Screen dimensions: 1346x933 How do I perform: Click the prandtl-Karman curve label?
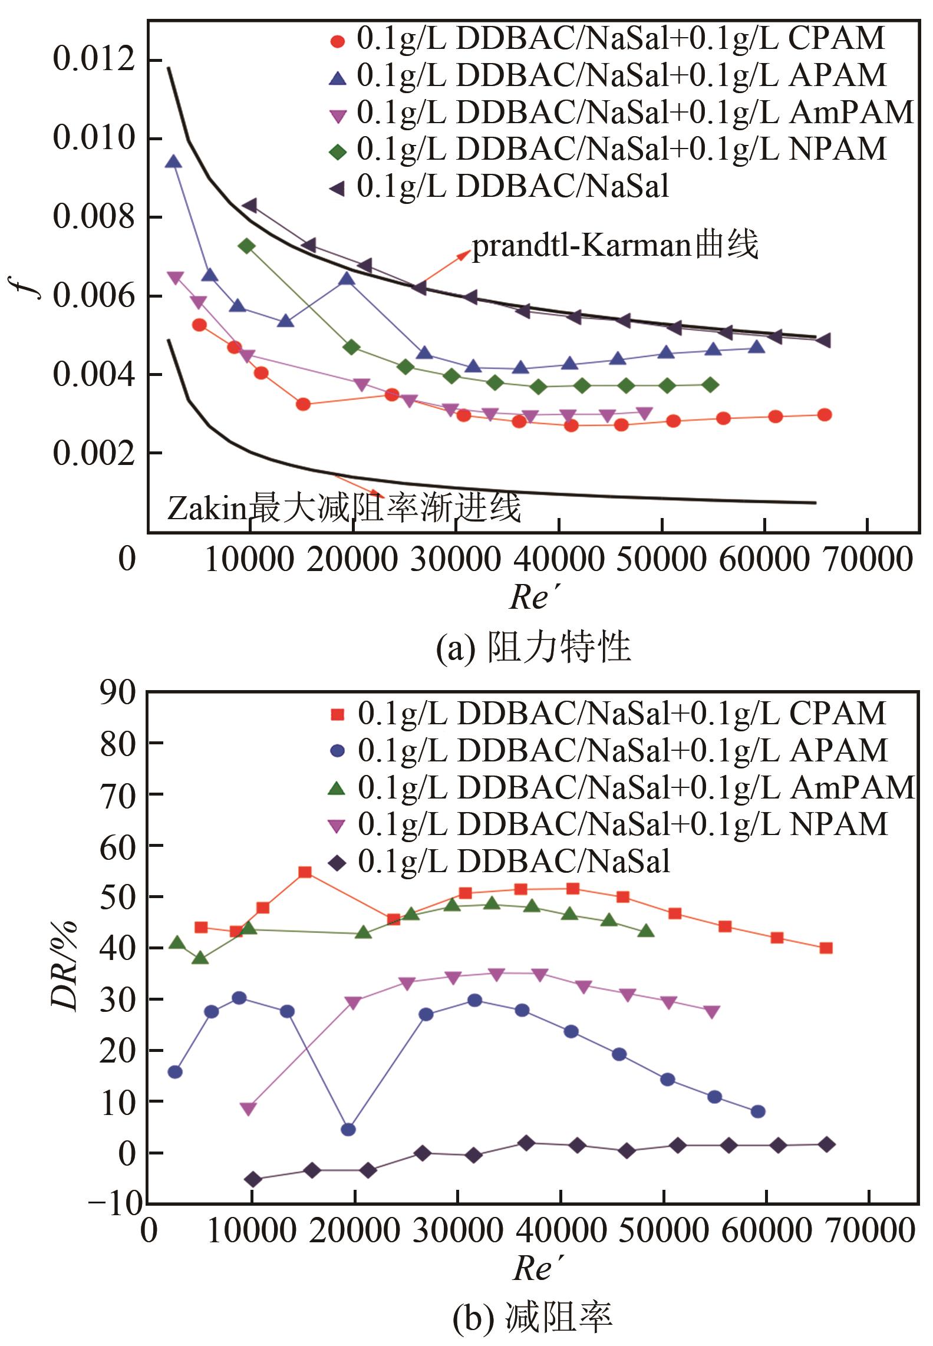pyautogui.click(x=615, y=245)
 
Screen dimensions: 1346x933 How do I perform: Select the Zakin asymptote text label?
pyautogui.click(x=344, y=508)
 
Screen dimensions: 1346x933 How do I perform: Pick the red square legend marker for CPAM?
pyautogui.click(x=337, y=714)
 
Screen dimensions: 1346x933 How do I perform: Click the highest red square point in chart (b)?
pyautogui.click(x=305, y=872)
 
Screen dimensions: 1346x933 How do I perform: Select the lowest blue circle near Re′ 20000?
pyautogui.click(x=348, y=1129)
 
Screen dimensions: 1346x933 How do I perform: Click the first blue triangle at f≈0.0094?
pyautogui.click(x=173, y=161)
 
